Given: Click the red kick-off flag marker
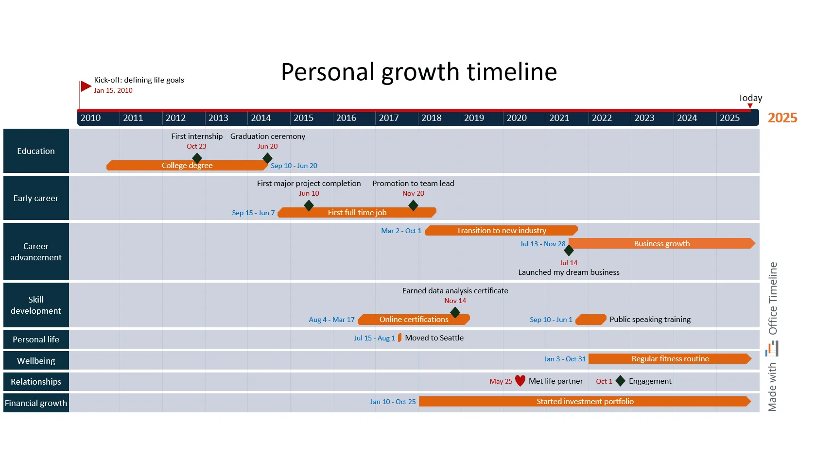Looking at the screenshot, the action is tap(86, 86).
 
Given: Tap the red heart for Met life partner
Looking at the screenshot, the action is tap(520, 381).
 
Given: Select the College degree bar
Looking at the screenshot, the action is tap(187, 166).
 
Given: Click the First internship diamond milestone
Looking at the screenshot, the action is tap(197, 158).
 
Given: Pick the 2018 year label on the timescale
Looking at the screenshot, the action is tap(432, 118).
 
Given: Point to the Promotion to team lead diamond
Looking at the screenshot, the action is tap(413, 205).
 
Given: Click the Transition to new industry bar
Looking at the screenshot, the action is tap(501, 231).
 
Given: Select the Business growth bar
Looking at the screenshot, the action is tap(661, 244).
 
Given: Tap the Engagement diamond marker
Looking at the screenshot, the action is tap(620, 381).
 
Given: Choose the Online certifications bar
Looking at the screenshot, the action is tap(414, 320).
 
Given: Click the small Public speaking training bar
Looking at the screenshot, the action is tap(590, 320).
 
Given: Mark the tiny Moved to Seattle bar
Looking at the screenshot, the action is tap(399, 338).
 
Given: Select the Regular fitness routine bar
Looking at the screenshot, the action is tap(670, 359).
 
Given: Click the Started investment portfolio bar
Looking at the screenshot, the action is tap(585, 402).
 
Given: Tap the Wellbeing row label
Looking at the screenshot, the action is tap(36, 361).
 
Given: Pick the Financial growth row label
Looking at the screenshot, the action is tap(36, 403).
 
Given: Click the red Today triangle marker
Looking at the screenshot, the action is tap(750, 106).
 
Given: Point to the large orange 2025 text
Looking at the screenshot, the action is tap(782, 118).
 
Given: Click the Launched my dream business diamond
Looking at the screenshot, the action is tap(569, 251).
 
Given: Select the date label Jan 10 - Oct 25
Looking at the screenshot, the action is tap(393, 402).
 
